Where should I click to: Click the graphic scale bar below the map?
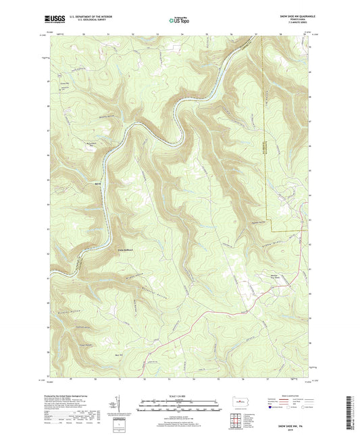(180, 409)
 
